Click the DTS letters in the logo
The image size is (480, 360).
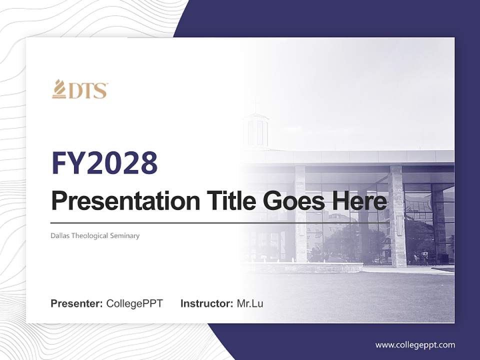[x=88, y=91]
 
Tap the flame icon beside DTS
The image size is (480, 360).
[x=59, y=89]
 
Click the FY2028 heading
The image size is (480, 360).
[x=104, y=163]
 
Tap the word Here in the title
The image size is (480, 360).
[x=359, y=201]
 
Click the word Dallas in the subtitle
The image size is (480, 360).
[x=60, y=235]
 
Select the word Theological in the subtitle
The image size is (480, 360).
[x=89, y=235]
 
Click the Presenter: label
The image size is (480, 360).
[x=77, y=303]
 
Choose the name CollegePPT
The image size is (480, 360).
[x=134, y=303]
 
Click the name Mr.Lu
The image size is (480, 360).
[x=249, y=303]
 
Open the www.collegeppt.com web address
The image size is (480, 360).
[x=415, y=345]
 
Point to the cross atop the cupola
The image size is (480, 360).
[x=255, y=104]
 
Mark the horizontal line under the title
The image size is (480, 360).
[x=220, y=222]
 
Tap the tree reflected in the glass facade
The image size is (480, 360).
[x=345, y=240]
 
